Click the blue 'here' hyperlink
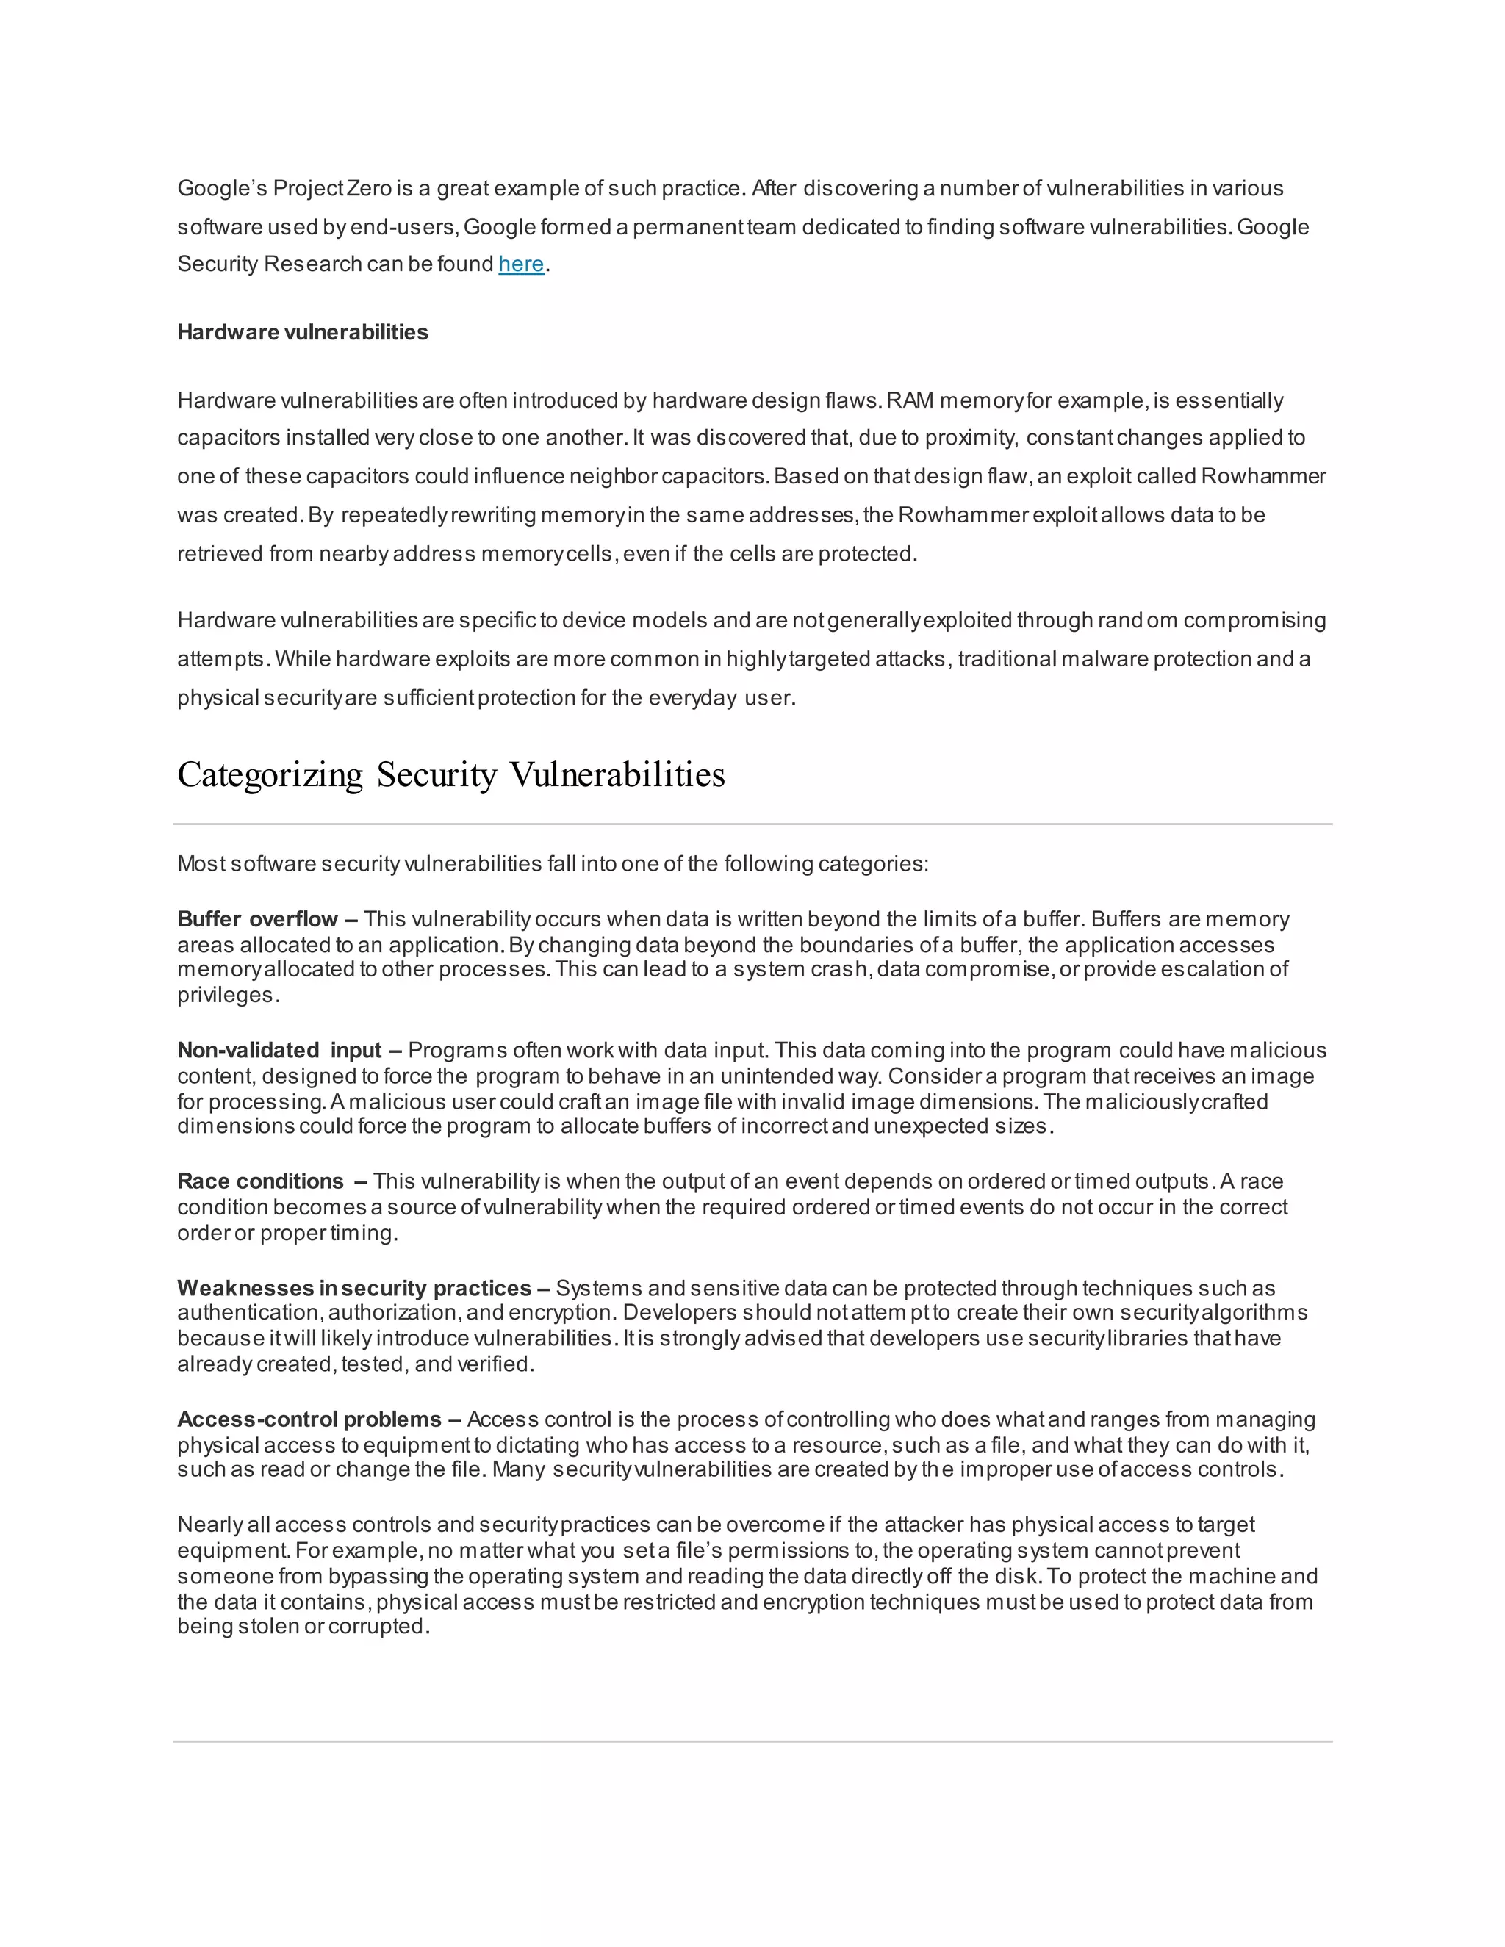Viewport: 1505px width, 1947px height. coord(521,264)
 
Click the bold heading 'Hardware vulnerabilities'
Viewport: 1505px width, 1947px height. coord(302,333)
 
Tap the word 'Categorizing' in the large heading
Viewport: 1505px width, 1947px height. coord(270,774)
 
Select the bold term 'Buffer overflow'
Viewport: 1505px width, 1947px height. coord(258,919)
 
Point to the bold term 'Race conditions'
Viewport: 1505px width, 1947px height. coord(260,1181)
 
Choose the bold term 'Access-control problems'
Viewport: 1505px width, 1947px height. coord(309,1419)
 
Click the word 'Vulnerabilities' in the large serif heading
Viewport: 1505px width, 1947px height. coord(617,774)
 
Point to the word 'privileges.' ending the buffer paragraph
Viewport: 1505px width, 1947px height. coord(229,995)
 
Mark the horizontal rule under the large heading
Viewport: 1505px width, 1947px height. coord(752,824)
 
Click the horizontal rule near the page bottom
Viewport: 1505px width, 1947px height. coord(752,1741)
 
